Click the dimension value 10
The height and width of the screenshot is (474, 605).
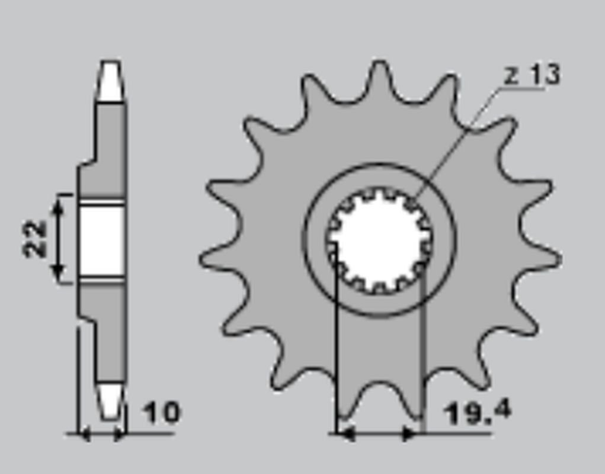pyautogui.click(x=161, y=412)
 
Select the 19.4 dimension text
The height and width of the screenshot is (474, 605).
pyautogui.click(x=478, y=413)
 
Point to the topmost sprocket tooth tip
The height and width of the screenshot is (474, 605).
pyautogui.click(x=380, y=62)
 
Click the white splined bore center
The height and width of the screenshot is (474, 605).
pyautogui.click(x=379, y=239)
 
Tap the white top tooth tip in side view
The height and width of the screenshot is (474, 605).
pyautogui.click(x=110, y=81)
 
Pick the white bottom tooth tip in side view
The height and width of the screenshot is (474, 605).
pyautogui.click(x=110, y=401)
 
